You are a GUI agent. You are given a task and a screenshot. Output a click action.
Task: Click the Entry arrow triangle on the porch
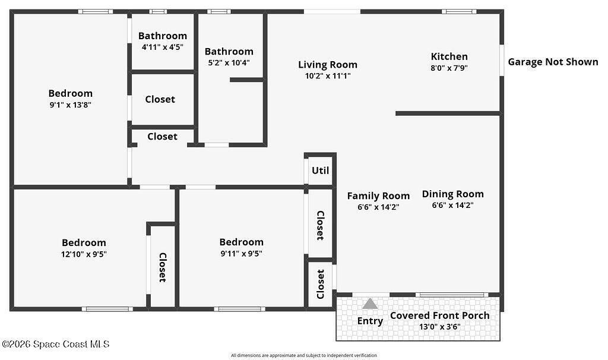[370, 304]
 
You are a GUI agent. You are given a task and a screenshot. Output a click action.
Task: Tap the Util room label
[320, 170]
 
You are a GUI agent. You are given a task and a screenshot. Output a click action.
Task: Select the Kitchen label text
[449, 56]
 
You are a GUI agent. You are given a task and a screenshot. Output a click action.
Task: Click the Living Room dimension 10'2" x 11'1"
[327, 75]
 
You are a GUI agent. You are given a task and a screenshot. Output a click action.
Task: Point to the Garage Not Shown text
[553, 62]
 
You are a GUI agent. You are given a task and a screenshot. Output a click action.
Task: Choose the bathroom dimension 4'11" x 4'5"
[162, 46]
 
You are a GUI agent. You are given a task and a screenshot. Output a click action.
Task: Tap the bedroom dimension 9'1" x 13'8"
[70, 104]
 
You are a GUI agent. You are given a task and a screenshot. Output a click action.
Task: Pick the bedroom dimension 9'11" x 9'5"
[241, 252]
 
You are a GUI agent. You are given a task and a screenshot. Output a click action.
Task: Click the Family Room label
[378, 195]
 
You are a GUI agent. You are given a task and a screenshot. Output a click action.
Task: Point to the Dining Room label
[452, 194]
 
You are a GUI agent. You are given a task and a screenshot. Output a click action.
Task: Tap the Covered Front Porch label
[439, 315]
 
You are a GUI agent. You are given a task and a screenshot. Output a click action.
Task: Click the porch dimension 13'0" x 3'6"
[439, 326]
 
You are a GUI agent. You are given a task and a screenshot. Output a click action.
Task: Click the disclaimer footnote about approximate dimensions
[303, 355]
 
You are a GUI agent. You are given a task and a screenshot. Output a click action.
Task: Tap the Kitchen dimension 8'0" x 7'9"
[449, 68]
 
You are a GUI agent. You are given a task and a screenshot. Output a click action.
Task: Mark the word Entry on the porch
[370, 321]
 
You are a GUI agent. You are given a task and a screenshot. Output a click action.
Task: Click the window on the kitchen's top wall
[458, 11]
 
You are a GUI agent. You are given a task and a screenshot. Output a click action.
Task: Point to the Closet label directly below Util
[320, 225]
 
